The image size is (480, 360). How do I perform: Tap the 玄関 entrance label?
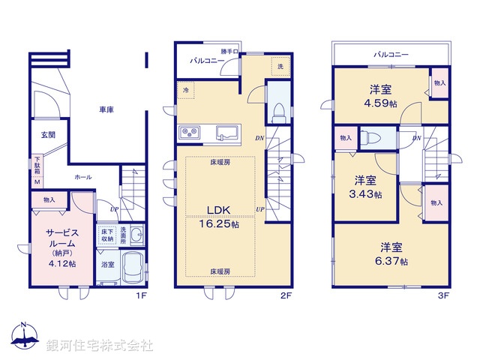coord(47,136)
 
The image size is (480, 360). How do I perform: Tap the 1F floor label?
coord(139,295)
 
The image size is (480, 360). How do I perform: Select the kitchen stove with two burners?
coord(189,133)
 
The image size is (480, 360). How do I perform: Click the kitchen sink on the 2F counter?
coord(228,133)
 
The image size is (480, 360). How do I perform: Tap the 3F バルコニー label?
coord(391,54)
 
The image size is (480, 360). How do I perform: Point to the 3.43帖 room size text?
coord(367,194)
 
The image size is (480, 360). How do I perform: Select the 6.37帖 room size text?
coord(393,261)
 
